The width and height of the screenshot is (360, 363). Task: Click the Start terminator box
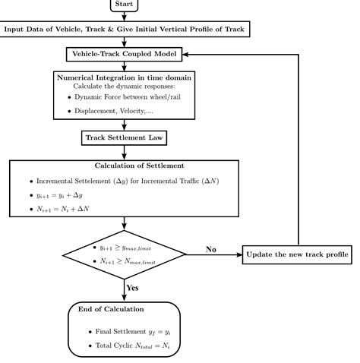[125, 5]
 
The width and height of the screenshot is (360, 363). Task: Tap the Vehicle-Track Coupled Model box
[124, 55]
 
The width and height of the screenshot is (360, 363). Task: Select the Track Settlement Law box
[124, 139]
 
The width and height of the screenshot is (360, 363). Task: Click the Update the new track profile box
[298, 253]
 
